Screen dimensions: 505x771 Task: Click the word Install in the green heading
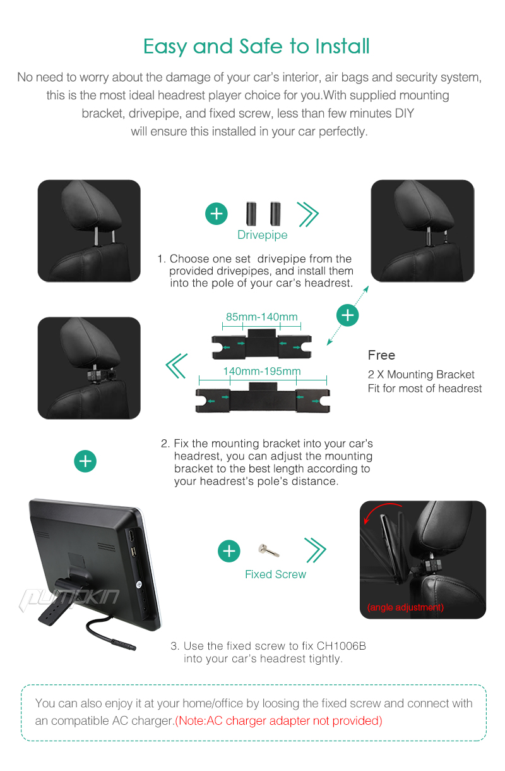coord(342,46)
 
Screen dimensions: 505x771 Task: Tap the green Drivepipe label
coord(263,234)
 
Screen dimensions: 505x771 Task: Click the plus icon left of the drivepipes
coord(217,214)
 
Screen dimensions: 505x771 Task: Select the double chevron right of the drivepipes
coord(307,214)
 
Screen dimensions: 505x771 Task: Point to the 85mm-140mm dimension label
coord(261,317)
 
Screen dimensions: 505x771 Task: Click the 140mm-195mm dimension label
coord(262,371)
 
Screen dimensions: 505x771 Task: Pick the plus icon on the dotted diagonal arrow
coord(347,315)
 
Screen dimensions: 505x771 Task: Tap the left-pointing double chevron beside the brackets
coord(177,366)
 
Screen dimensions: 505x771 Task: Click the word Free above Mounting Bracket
coord(381,355)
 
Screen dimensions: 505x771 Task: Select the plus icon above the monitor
coord(85,461)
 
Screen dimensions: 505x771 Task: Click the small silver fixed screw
coord(268,550)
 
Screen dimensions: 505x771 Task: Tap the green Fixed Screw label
coord(275,574)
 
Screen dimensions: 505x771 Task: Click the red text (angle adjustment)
coord(405,607)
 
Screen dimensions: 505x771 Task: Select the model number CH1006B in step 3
coord(341,646)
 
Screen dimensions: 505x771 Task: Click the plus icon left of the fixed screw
coord(229,550)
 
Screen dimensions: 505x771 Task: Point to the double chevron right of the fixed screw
coord(315,550)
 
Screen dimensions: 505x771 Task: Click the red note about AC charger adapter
coord(279,720)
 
